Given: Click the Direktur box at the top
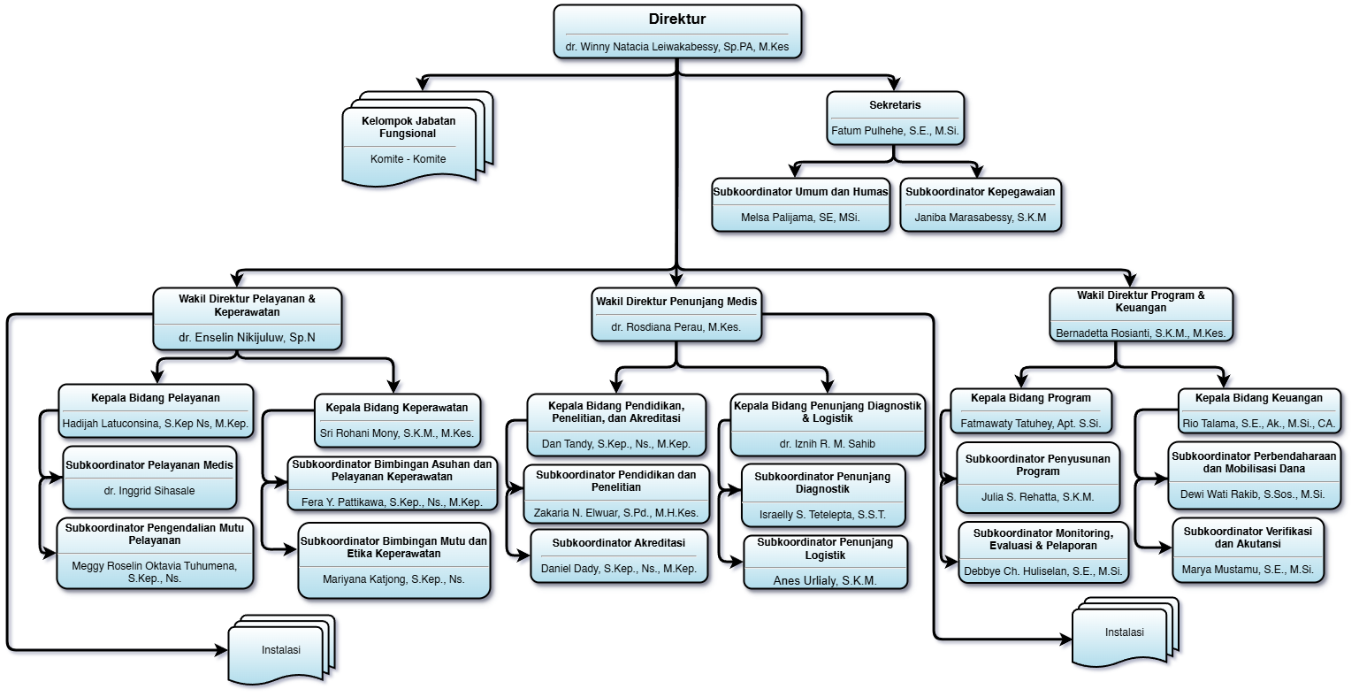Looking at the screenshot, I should click(x=677, y=32).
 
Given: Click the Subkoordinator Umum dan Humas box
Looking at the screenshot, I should click(x=800, y=204).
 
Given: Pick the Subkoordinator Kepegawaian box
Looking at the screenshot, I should click(x=980, y=204).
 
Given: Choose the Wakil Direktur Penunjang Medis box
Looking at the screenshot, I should click(x=676, y=314).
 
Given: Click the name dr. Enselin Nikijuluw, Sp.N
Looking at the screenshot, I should click(x=247, y=338).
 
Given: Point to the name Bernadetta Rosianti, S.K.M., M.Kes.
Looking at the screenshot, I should click(x=1141, y=333).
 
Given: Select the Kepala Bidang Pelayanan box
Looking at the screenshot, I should click(x=156, y=411).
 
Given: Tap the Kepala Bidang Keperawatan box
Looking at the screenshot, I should click(x=397, y=420).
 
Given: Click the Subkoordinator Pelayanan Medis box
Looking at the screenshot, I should click(x=149, y=478).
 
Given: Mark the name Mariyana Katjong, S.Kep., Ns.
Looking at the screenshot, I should click(x=394, y=580).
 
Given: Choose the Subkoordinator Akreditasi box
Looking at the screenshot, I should click(x=619, y=555).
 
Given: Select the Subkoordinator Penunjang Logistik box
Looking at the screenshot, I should click(x=825, y=562).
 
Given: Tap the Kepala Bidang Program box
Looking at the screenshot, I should click(x=1031, y=410).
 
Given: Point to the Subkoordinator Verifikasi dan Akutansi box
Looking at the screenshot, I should click(x=1247, y=549).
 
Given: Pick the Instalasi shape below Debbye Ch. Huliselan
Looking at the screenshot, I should click(x=1124, y=634).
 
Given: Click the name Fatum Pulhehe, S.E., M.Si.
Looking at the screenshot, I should click(x=895, y=131).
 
